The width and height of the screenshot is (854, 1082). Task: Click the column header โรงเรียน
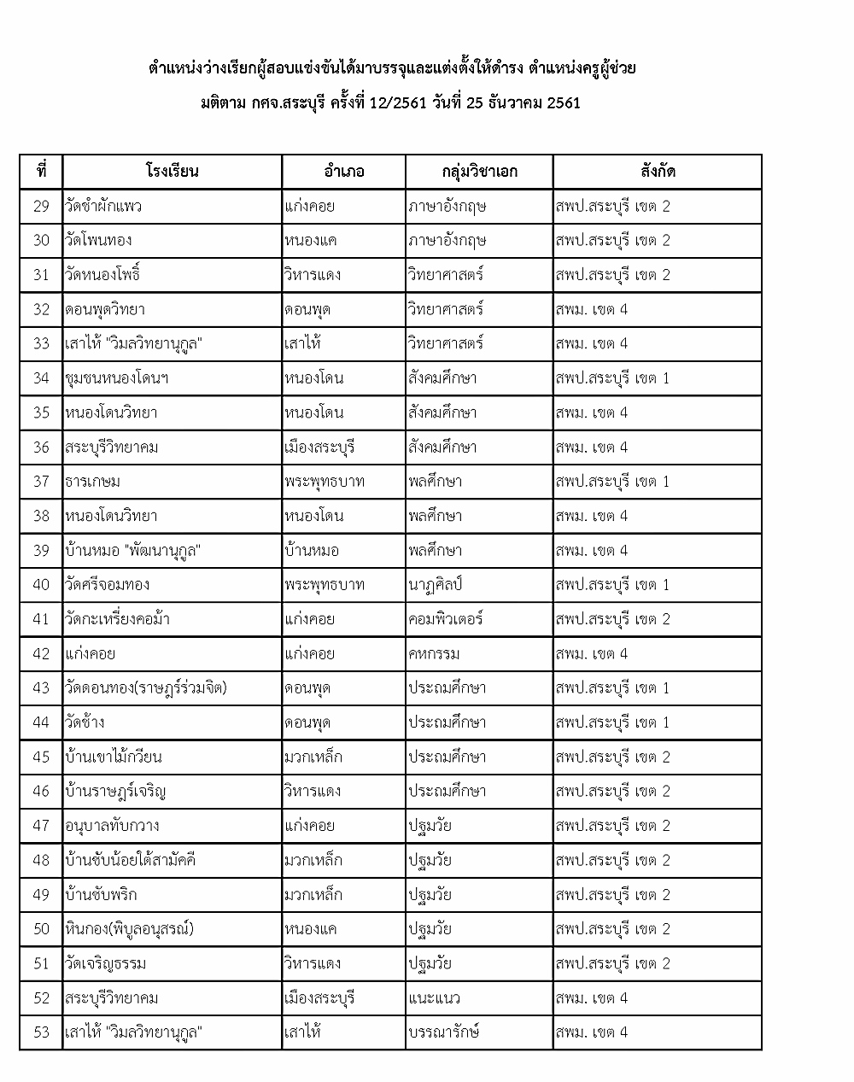[x=172, y=171]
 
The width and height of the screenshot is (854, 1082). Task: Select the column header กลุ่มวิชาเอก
[x=479, y=171]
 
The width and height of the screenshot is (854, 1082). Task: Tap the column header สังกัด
[x=657, y=171]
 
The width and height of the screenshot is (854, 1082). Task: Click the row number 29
[x=41, y=206]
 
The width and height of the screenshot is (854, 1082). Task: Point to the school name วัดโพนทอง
[x=98, y=240]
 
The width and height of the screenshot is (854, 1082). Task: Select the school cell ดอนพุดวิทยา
[x=105, y=309]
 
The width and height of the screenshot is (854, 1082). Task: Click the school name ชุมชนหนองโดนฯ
[x=116, y=377]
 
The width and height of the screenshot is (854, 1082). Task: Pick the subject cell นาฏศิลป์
[x=435, y=584]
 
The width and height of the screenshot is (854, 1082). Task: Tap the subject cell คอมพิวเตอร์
[x=445, y=619]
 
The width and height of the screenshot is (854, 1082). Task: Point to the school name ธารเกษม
[x=92, y=481]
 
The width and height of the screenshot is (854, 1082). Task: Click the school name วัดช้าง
[x=85, y=722]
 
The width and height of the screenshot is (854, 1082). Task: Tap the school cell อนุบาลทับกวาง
[x=112, y=825]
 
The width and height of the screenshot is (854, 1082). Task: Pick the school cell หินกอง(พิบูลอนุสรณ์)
[x=129, y=928]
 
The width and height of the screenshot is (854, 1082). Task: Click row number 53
[x=41, y=1032]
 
